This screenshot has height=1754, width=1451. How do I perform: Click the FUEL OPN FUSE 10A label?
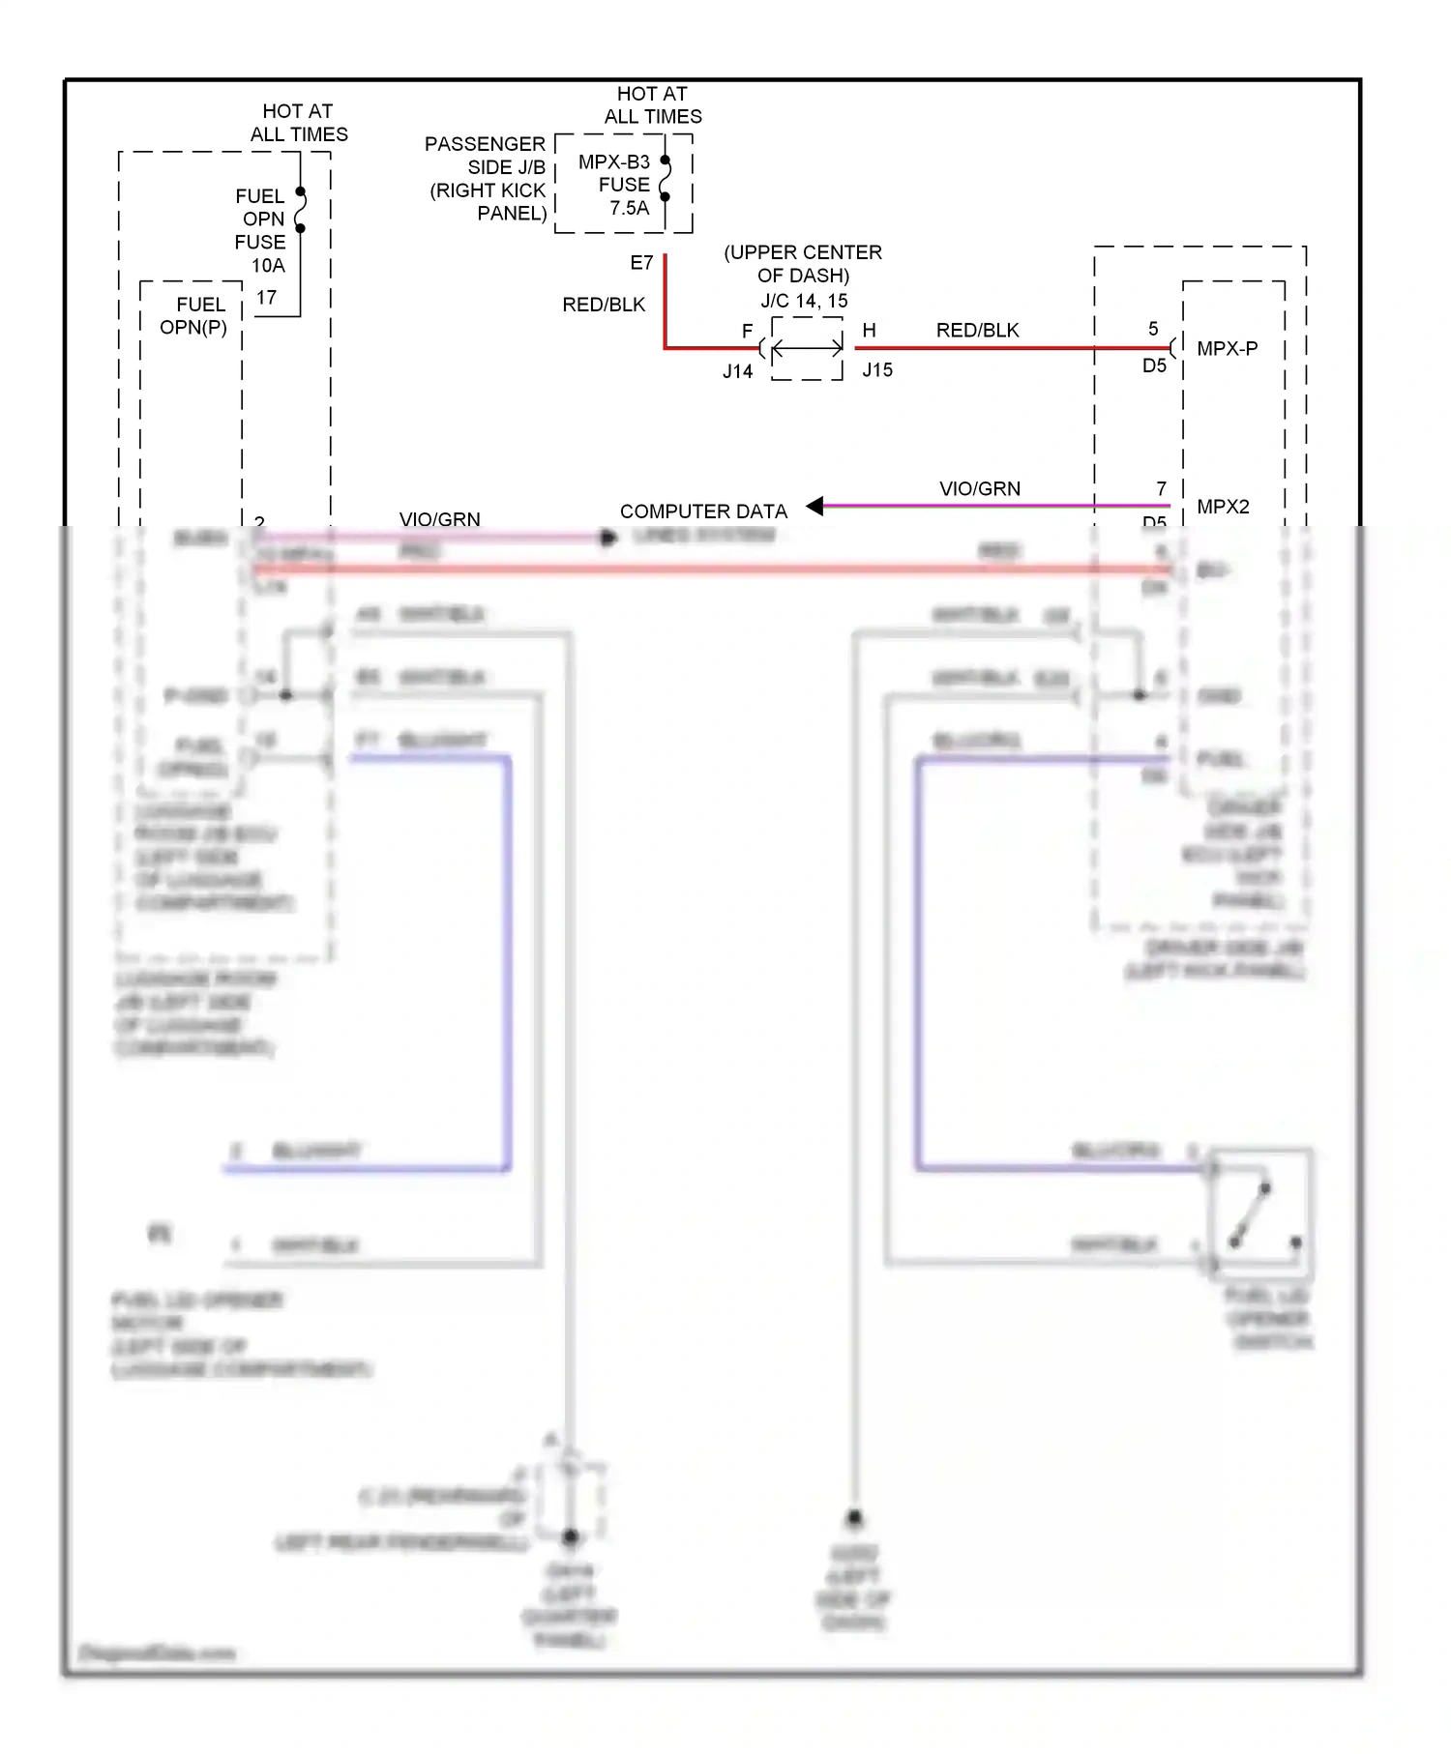(x=261, y=230)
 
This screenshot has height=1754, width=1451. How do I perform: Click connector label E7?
(x=641, y=263)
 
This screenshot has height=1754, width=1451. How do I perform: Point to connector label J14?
(x=737, y=371)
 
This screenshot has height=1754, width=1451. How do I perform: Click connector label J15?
(x=877, y=370)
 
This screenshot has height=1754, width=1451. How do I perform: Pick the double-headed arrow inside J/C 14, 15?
(x=808, y=348)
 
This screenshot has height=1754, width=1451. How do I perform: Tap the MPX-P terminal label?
(x=1227, y=349)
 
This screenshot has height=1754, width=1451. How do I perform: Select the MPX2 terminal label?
(x=1223, y=507)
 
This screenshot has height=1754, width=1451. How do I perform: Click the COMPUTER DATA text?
(x=703, y=512)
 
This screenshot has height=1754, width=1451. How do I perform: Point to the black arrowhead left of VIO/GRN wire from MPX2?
(x=815, y=506)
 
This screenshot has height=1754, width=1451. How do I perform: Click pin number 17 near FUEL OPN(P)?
(x=266, y=298)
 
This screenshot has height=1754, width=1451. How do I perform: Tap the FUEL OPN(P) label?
(x=195, y=316)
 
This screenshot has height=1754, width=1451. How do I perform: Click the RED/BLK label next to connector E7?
(x=604, y=305)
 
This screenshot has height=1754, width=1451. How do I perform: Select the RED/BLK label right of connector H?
(x=977, y=331)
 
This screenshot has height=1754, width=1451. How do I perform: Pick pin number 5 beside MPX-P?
(x=1153, y=330)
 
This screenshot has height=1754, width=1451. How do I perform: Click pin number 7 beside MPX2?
(x=1161, y=489)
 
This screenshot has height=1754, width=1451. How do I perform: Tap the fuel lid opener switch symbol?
(x=1260, y=1213)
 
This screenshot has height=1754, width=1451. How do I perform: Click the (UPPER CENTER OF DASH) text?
(x=803, y=264)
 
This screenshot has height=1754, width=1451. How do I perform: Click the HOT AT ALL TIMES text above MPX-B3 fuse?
(x=653, y=105)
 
